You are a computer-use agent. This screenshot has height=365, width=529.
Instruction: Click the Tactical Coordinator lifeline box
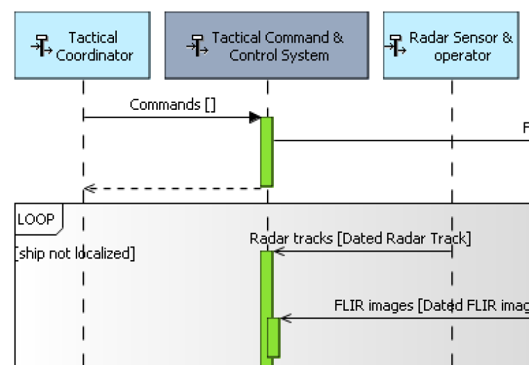point(82,45)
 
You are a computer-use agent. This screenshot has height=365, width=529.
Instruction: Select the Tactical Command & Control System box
point(267,45)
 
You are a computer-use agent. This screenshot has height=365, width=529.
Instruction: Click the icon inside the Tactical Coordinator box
point(38,47)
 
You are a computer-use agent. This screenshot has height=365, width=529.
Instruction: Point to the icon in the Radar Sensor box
point(396,47)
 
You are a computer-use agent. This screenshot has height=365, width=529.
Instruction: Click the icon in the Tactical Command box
point(194,47)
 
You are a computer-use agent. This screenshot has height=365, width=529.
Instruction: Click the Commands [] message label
point(172,104)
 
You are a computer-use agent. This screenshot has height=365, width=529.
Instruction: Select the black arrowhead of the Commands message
point(255,117)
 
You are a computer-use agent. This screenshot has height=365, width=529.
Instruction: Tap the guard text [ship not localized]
point(74,254)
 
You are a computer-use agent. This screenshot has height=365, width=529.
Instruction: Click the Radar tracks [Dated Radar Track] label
point(360,238)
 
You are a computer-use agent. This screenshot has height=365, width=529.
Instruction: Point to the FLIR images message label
point(431,305)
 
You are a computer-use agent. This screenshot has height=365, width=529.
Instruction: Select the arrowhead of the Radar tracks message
point(277,251)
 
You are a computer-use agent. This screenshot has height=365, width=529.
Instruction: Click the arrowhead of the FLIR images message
point(284,318)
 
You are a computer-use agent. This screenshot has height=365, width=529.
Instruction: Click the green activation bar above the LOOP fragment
point(266,152)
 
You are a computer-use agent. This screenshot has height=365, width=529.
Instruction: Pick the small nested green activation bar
point(273,337)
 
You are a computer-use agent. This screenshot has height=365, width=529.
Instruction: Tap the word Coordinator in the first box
point(95,56)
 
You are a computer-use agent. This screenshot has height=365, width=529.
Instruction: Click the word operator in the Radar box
point(462,56)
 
